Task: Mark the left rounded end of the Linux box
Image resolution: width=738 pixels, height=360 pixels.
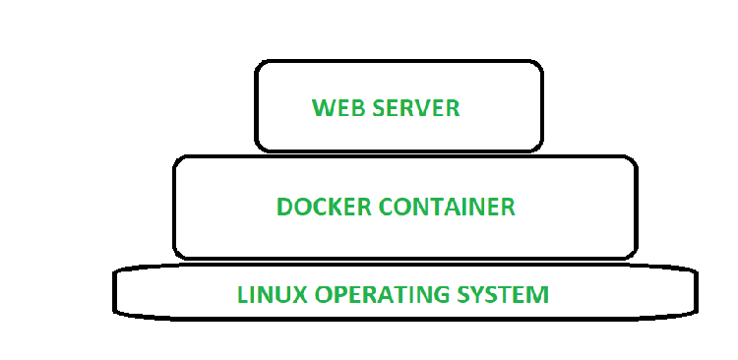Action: pyautogui.click(x=116, y=291)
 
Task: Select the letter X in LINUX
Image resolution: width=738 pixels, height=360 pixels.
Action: pyautogui.click(x=292, y=293)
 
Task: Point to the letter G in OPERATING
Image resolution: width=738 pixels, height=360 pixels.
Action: pyautogui.click(x=434, y=293)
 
